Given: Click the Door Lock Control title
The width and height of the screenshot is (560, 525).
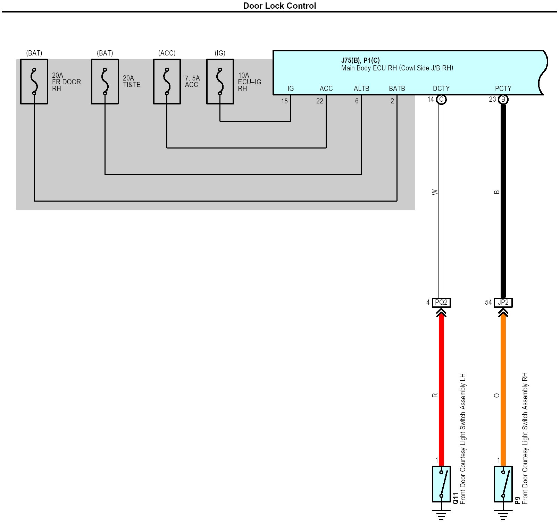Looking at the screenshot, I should point(279,6).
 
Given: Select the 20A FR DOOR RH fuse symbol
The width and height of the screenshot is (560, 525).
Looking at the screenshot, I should point(34,82).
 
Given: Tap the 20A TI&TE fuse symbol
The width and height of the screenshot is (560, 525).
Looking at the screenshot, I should point(105,82).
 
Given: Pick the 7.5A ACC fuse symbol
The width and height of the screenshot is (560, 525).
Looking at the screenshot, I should point(167,82).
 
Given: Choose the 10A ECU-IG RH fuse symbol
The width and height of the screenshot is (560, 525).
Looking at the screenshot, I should point(220,82).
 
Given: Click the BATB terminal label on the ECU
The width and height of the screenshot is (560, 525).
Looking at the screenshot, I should point(397,88).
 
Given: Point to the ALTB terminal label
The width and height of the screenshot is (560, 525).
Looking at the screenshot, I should point(361,88).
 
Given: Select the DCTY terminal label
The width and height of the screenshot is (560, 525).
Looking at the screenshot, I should point(441,88).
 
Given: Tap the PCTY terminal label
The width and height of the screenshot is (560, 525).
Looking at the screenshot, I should point(503,88).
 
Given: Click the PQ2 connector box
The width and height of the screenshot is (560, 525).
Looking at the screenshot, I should point(441,303).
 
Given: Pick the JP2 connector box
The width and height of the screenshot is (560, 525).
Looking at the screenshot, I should point(503,303).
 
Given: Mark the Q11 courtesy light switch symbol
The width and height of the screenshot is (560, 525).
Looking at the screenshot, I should point(441,484).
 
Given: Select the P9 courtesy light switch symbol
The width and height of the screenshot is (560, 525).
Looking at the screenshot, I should point(503,484).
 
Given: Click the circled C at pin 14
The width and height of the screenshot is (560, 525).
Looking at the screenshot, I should point(441,100).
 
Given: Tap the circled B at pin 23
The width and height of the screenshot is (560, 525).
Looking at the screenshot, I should point(503,100).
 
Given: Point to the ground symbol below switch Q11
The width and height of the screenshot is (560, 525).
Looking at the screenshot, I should point(441,514).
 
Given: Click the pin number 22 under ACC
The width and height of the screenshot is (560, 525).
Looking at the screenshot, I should point(320,101).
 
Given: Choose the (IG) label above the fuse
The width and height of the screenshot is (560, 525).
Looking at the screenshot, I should point(220,53).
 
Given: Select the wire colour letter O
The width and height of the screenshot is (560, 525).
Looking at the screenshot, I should point(497,395).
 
